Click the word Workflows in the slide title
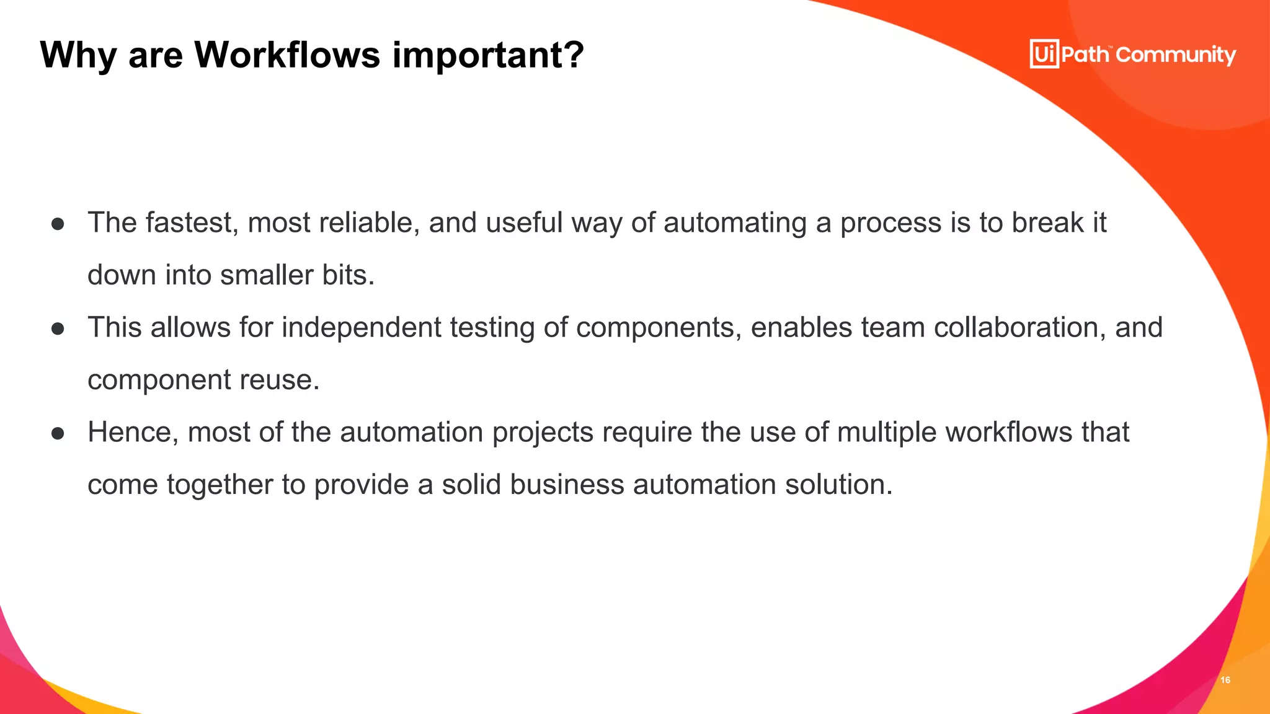[286, 55]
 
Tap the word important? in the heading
[489, 56]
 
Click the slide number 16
[1225, 680]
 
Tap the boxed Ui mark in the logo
[1044, 54]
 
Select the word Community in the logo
[1176, 55]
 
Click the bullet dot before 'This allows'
[58, 328]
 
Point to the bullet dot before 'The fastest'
[58, 224]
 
